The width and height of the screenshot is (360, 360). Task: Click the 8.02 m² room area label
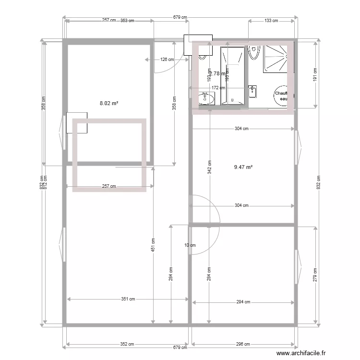pyautogui.click(x=109, y=103)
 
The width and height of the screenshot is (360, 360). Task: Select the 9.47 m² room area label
pyautogui.click(x=243, y=168)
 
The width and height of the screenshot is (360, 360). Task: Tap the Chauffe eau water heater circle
pyautogui.click(x=281, y=96)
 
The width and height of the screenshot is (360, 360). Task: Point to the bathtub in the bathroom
pyautogui.click(x=233, y=75)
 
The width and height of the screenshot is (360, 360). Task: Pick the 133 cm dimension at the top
pyautogui.click(x=271, y=21)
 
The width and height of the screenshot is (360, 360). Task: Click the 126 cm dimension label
pyautogui.click(x=167, y=60)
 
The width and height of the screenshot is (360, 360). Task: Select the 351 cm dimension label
pyautogui.click(x=128, y=299)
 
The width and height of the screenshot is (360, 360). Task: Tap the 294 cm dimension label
pyautogui.click(x=243, y=302)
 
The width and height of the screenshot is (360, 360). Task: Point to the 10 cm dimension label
pyautogui.click(x=190, y=245)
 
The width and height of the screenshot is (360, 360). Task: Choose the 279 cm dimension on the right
pyautogui.click(x=315, y=275)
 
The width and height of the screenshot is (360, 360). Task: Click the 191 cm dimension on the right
pyautogui.click(x=315, y=75)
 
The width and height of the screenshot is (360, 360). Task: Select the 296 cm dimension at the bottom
pyautogui.click(x=243, y=344)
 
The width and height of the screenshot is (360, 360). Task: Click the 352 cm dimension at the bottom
pyautogui.click(x=127, y=344)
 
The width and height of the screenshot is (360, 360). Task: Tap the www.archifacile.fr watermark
pyautogui.click(x=297, y=352)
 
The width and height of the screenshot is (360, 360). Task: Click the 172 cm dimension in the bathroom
pyautogui.click(x=218, y=88)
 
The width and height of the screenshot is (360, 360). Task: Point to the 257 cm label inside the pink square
pyautogui.click(x=109, y=187)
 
